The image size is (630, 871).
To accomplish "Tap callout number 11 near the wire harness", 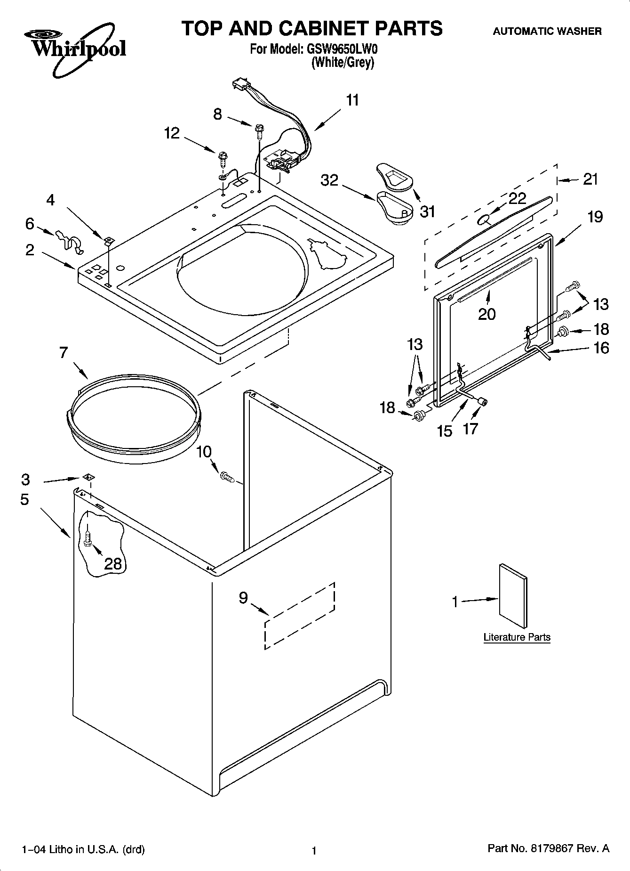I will (352, 100).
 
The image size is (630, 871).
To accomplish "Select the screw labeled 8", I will (258, 130).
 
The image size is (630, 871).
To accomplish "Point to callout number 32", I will (329, 180).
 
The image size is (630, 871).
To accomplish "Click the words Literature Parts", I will (517, 637).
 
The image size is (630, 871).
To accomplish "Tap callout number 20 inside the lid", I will (487, 314).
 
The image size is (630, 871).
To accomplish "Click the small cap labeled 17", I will (482, 401).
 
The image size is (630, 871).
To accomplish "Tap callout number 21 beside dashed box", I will (590, 179).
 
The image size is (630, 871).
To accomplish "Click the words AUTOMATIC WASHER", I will (547, 32).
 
